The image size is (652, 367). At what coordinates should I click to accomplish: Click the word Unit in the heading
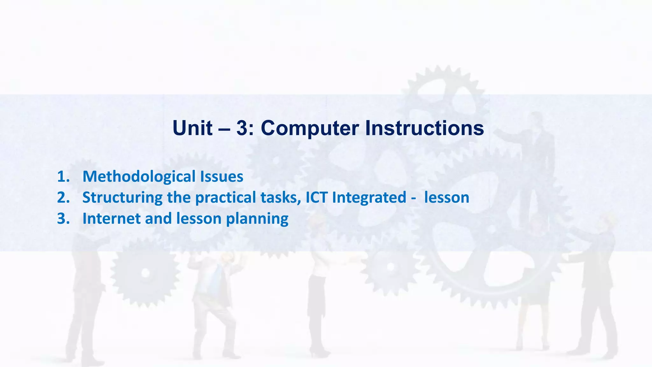click(x=192, y=128)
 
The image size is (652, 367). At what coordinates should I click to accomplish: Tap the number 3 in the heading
click(x=244, y=128)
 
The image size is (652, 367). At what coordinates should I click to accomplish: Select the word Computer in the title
click(x=309, y=128)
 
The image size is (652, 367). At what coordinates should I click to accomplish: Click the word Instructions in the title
click(x=424, y=128)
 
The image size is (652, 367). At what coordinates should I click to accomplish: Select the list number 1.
click(x=63, y=176)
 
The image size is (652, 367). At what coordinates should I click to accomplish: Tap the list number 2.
click(x=63, y=198)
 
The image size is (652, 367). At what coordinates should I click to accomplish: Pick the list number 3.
click(x=63, y=219)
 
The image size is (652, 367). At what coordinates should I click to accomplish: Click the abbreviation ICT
click(x=316, y=198)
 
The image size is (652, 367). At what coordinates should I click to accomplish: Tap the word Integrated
click(x=369, y=198)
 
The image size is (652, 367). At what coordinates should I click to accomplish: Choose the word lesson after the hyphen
click(x=447, y=198)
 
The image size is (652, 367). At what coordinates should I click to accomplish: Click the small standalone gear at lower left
click(x=145, y=273)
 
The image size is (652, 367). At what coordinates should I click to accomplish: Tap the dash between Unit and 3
click(x=224, y=129)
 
